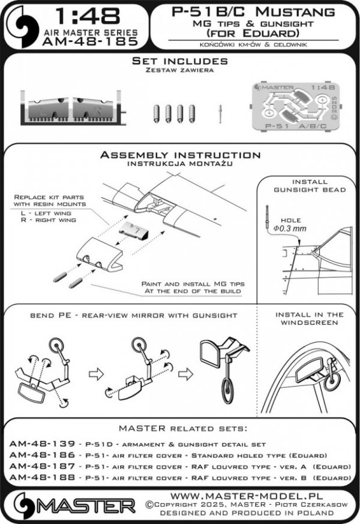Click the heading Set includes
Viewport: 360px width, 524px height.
[179, 61]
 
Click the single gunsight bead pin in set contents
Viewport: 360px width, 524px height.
[221, 111]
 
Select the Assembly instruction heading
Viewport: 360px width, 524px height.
[180, 155]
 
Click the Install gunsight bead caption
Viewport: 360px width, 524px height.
[309, 185]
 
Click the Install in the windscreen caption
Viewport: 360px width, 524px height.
[308, 318]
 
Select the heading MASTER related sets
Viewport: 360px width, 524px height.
[179, 429]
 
